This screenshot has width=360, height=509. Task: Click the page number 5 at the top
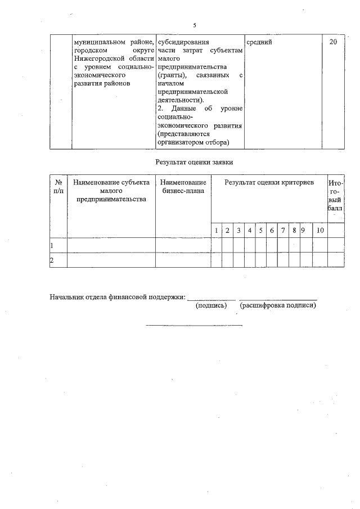click(x=194, y=25)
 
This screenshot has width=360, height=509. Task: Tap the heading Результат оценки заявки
click(x=194, y=162)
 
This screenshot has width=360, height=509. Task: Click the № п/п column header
click(x=58, y=187)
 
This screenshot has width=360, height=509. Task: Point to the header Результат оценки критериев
click(x=269, y=183)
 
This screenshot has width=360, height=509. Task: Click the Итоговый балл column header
click(x=335, y=195)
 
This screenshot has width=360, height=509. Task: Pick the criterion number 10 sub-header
click(x=320, y=231)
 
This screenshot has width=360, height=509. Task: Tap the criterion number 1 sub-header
click(x=216, y=231)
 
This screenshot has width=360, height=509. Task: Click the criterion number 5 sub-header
click(x=260, y=231)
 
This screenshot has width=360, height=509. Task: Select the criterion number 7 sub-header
click(x=283, y=231)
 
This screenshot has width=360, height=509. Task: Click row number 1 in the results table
click(x=52, y=246)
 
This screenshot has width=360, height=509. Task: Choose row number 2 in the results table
click(x=52, y=260)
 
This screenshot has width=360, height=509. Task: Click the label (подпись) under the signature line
click(x=211, y=306)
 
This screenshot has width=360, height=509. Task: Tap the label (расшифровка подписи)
click(x=278, y=306)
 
